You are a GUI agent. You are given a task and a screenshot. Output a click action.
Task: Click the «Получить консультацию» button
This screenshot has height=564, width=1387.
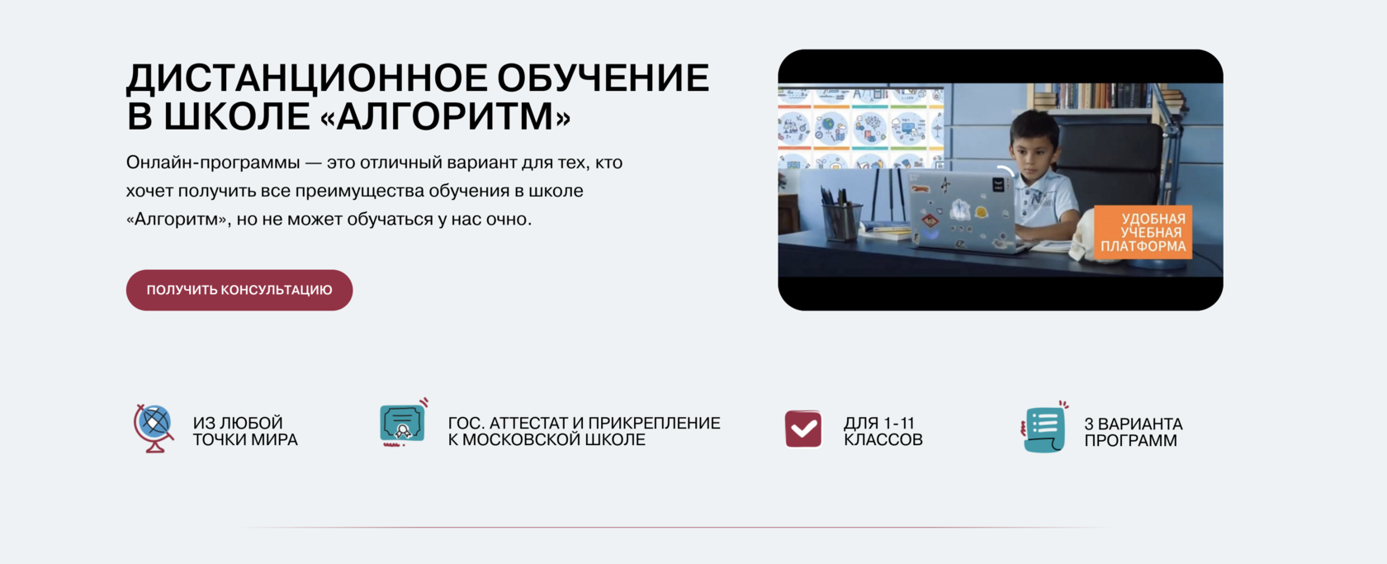(x=239, y=290)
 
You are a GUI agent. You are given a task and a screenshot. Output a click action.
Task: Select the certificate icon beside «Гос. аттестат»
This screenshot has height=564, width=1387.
(x=404, y=423)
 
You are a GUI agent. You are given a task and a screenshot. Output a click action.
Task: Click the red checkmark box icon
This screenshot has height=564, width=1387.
(x=803, y=429)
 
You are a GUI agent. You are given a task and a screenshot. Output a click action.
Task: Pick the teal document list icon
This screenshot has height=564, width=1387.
(x=1044, y=429)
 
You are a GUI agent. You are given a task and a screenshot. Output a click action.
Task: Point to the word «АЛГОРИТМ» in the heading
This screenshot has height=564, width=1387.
(x=445, y=116)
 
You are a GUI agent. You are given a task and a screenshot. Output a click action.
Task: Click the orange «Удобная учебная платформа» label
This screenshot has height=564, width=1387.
(x=1143, y=232)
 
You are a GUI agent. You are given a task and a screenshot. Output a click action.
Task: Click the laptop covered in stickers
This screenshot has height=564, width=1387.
(x=962, y=211)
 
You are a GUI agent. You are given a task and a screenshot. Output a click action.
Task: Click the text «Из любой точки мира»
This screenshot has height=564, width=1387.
(x=245, y=431)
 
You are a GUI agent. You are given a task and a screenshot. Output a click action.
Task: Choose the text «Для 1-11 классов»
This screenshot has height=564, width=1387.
(x=883, y=431)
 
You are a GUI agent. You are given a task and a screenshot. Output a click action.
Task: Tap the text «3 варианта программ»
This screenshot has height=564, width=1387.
(x=1133, y=432)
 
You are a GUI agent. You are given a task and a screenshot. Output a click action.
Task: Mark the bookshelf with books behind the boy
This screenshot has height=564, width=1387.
(x=1105, y=95)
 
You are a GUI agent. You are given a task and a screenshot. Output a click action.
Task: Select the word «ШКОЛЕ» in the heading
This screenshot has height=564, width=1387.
(x=237, y=116)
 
